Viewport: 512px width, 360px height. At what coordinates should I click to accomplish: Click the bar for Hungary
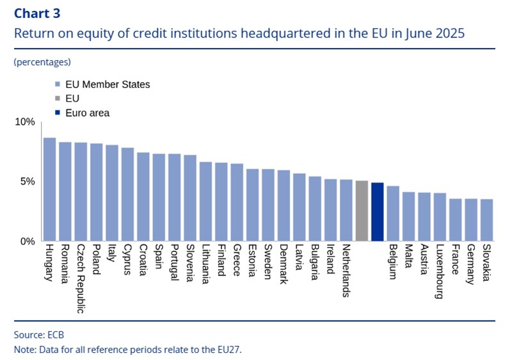49,190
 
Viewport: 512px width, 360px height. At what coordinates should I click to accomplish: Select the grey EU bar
362,211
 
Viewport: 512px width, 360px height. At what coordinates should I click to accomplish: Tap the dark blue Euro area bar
377,212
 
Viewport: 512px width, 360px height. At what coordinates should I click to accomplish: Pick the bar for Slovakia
486,220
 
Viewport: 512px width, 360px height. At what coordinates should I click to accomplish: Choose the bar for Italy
112,193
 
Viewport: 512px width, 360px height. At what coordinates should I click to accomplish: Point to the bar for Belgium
393,214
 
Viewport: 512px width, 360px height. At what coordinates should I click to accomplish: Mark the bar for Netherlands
346,210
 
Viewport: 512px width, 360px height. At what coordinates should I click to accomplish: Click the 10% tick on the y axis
26,122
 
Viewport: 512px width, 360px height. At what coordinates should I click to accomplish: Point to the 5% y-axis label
28,182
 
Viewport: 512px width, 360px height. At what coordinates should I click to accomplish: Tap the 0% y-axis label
28,242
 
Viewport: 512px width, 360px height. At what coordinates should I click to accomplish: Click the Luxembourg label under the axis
440,272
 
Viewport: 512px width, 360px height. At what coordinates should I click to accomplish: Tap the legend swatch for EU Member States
58,84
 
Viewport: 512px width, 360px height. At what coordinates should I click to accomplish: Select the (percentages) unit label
42,62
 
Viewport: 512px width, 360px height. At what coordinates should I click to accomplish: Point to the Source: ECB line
39,334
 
